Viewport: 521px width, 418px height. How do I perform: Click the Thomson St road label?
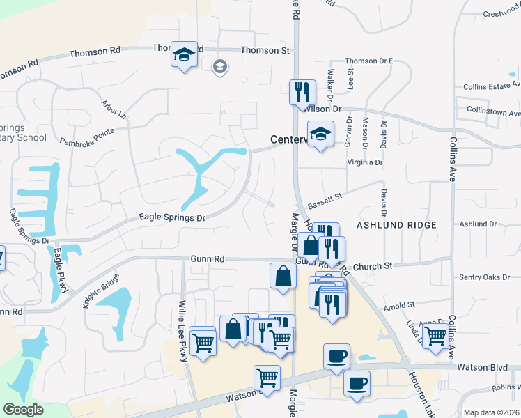pyautogui.click(x=265, y=50)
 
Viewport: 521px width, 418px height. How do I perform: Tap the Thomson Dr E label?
pyautogui.click(x=369, y=61)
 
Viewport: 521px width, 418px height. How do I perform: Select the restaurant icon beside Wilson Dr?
pyautogui.click(x=302, y=93)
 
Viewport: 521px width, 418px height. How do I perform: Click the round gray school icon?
pyautogui.click(x=219, y=67)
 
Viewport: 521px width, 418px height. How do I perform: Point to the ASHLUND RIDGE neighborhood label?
pyautogui.click(x=396, y=225)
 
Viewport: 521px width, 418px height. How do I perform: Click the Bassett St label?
pyautogui.click(x=325, y=199)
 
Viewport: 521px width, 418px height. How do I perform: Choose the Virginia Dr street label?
pyautogui.click(x=365, y=162)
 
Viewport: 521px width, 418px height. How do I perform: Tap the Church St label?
pyautogui.click(x=373, y=266)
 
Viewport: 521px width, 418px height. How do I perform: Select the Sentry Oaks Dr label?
pyautogui.click(x=485, y=277)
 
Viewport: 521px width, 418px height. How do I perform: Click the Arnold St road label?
pyautogui.click(x=399, y=305)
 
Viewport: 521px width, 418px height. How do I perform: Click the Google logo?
pyautogui.click(x=24, y=410)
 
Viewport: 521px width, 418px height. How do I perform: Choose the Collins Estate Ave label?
pyautogui.click(x=492, y=87)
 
